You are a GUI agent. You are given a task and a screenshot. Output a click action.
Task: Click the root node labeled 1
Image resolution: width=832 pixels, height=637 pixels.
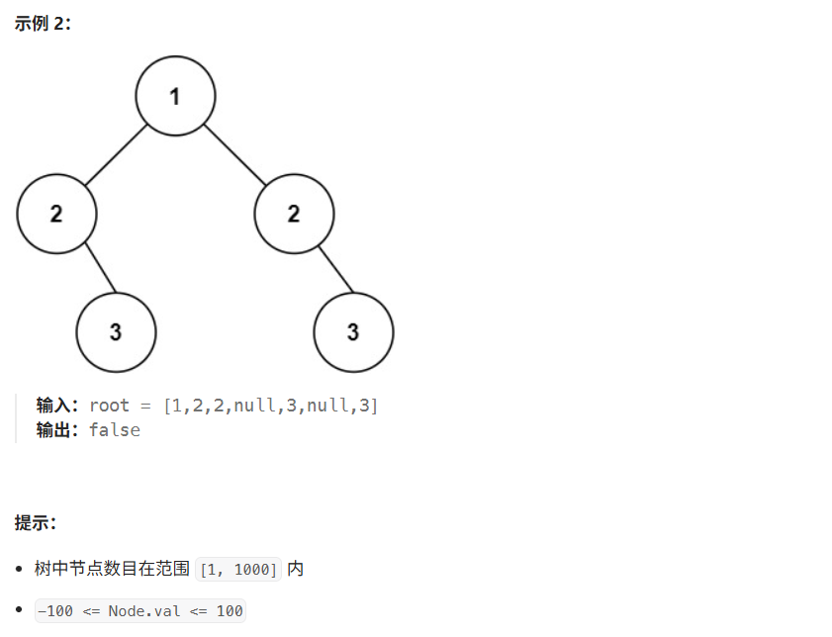175,96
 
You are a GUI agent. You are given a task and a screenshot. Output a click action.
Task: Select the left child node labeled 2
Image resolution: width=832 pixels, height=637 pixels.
56,214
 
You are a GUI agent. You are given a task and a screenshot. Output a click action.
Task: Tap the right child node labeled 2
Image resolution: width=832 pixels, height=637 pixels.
294,214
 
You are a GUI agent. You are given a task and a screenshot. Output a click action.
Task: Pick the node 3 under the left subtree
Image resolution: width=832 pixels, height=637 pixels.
116,332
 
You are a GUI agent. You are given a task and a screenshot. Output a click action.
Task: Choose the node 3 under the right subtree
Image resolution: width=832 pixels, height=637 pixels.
353,332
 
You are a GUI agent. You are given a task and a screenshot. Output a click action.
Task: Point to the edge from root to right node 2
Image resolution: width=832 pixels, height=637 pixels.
234,155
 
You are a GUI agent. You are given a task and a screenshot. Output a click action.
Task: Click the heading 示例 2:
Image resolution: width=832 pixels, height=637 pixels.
43,23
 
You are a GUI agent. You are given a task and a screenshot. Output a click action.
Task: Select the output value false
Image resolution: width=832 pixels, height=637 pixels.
115,430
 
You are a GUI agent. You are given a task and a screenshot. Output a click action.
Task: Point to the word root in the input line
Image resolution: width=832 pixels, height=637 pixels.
109,406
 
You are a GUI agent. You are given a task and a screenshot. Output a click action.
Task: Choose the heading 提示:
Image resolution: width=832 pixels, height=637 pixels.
36,522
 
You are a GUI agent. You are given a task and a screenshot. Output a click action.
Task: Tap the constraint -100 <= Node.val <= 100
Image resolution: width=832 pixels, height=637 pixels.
139,611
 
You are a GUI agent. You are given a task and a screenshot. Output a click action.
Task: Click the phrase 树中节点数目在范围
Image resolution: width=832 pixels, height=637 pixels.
112,569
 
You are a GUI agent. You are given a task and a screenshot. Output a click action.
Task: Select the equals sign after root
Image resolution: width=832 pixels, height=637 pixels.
146,406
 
